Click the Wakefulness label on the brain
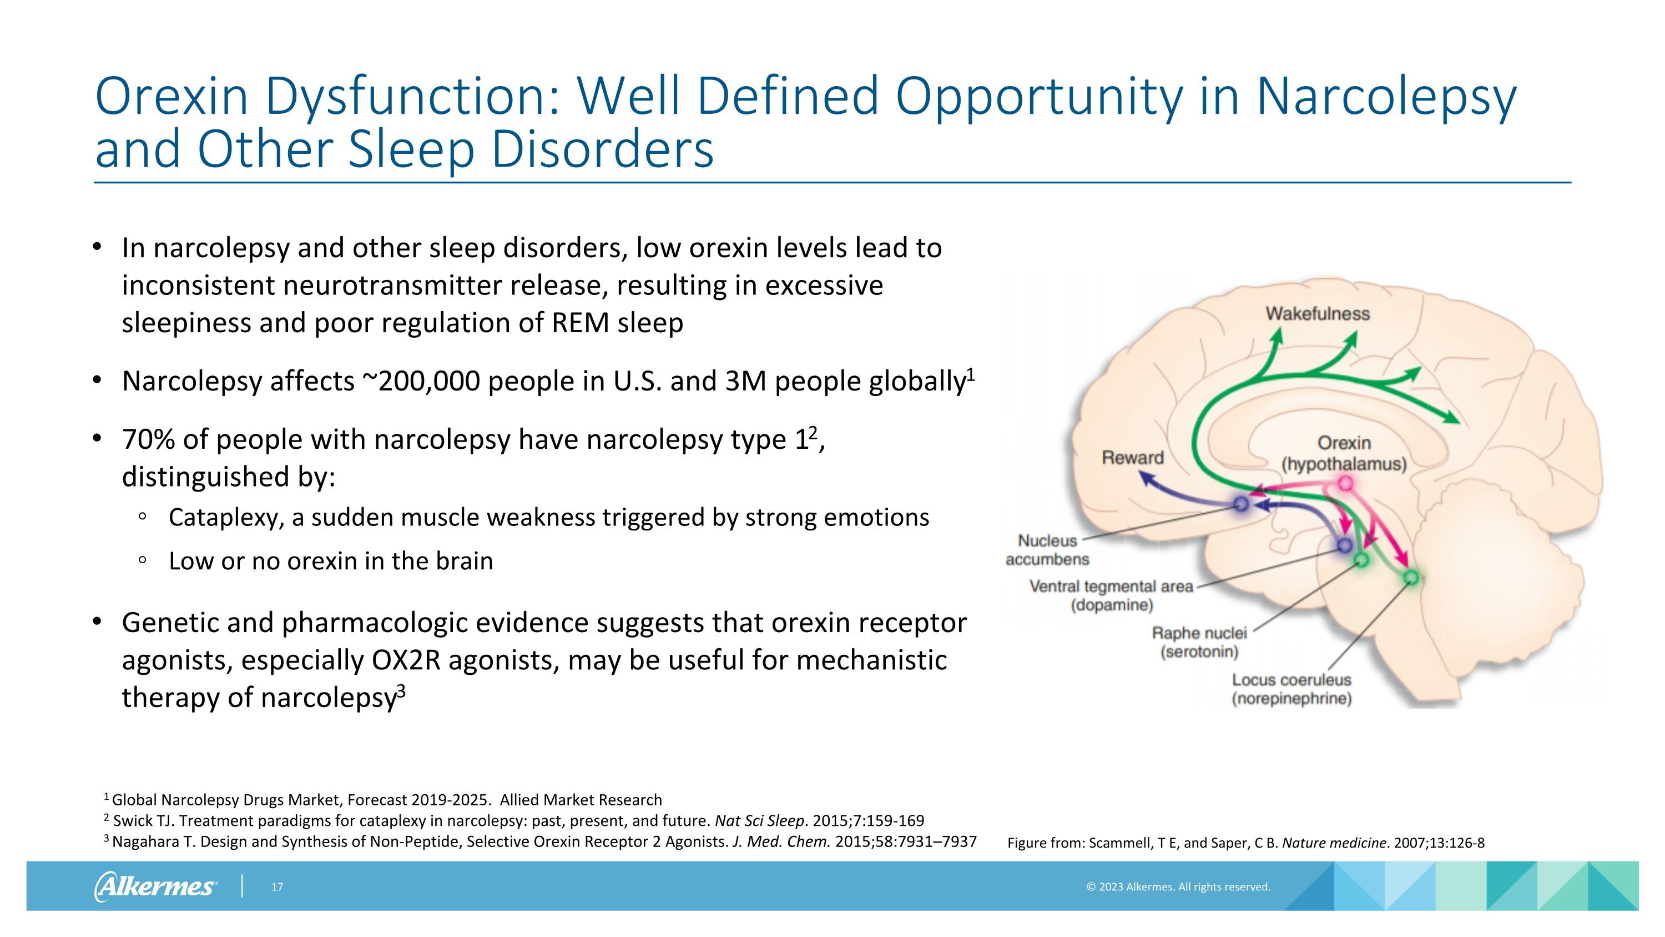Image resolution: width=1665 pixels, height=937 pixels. [1317, 314]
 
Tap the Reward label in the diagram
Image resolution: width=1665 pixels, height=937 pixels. [1132, 458]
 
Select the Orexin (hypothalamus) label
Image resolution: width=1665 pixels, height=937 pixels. [1344, 453]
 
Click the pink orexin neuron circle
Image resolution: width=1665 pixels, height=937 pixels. [1345, 483]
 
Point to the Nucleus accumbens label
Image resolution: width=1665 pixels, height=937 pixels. [1047, 550]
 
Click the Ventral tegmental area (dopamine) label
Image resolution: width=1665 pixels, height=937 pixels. [1111, 595]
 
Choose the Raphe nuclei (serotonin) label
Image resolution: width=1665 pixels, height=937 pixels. [1199, 642]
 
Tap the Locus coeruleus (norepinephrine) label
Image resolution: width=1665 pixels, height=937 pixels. [1291, 689]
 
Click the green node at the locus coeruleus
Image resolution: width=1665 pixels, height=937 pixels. [1411, 578]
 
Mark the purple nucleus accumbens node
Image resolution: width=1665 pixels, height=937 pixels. [1241, 504]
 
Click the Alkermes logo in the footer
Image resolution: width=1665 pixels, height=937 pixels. [155, 886]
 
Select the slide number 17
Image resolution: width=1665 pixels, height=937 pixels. [277, 886]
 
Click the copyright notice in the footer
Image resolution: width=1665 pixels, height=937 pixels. [1178, 886]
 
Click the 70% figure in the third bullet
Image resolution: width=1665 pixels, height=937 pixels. [148, 440]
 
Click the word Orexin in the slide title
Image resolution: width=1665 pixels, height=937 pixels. [171, 96]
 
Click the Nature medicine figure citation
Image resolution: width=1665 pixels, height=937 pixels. [1245, 843]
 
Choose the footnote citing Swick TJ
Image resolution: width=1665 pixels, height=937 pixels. [514, 820]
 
